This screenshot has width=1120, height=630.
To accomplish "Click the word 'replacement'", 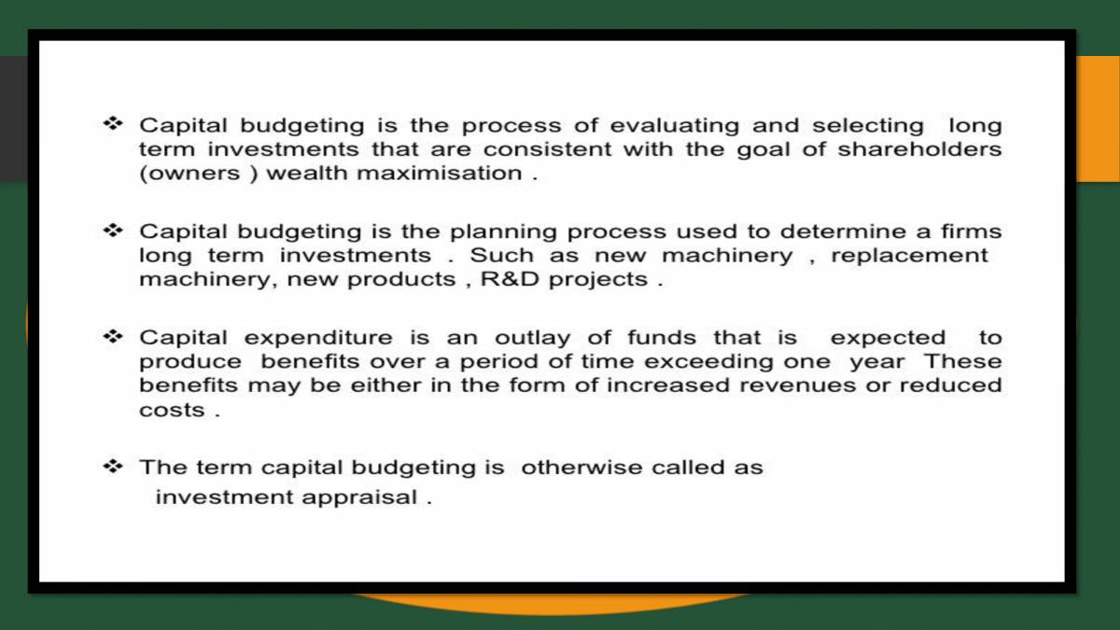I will (x=909, y=256).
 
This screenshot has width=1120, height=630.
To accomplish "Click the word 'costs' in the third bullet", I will (x=171, y=410).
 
